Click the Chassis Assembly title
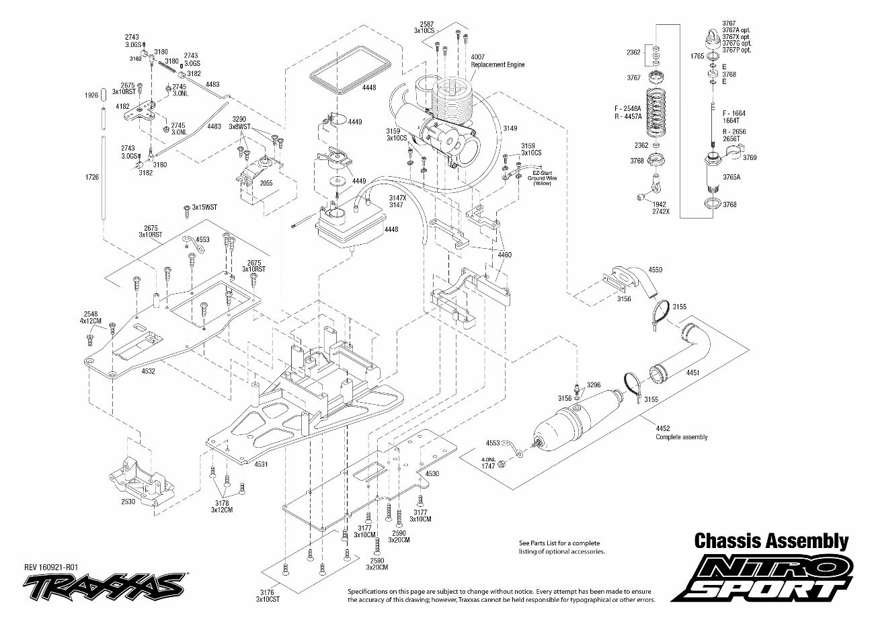point(770,541)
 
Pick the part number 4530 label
point(432,473)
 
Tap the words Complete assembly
point(681,437)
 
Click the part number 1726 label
point(93,177)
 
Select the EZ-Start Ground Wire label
point(541,178)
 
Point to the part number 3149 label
point(510,128)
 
